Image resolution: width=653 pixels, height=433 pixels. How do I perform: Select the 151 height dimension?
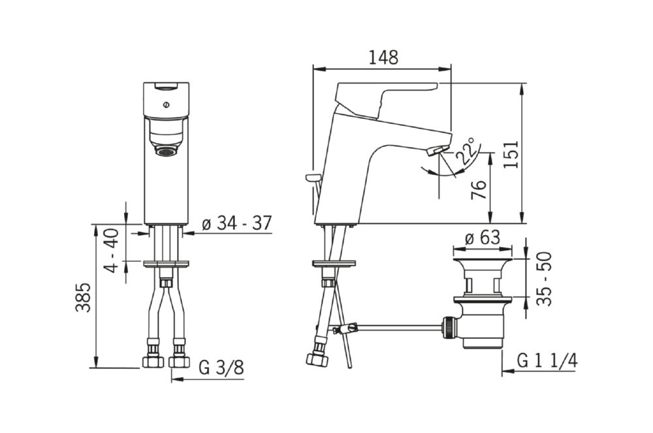pyautogui.click(x=511, y=154)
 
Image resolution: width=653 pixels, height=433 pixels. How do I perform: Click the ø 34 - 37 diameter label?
pyautogui.click(x=236, y=223)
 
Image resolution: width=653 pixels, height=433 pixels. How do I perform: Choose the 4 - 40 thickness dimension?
pyautogui.click(x=112, y=250)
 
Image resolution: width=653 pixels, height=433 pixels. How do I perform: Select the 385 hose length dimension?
pyautogui.click(x=83, y=297)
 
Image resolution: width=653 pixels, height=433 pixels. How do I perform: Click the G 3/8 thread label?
pyautogui.click(x=221, y=368)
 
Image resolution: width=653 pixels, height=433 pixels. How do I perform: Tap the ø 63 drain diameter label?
pyautogui.click(x=483, y=238)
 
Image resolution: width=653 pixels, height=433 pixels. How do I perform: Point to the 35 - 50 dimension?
pyautogui.click(x=544, y=278)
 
